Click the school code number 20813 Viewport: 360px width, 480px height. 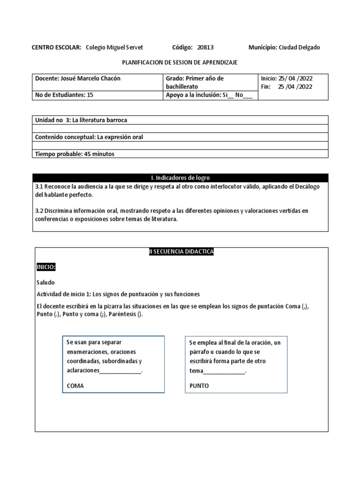(x=205, y=47)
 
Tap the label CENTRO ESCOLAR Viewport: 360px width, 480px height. (x=56, y=47)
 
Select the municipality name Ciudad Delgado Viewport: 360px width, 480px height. (x=300, y=47)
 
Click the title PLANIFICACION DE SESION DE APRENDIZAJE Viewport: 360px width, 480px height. (x=180, y=62)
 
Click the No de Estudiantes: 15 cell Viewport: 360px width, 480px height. (x=64, y=94)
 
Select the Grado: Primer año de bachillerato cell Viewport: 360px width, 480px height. (x=195, y=82)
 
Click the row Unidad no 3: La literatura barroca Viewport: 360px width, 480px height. (x=81, y=120)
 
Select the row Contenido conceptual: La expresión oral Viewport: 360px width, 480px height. (x=89, y=137)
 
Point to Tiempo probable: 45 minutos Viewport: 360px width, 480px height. (x=75, y=154)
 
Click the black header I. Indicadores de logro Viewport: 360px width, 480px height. (x=180, y=178)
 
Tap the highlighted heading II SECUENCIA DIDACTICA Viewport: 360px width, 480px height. (x=180, y=252)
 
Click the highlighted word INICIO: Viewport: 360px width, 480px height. (x=46, y=267)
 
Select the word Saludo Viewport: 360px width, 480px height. (x=45, y=283)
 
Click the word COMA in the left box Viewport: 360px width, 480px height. (x=76, y=386)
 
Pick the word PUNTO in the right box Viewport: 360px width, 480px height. (x=199, y=386)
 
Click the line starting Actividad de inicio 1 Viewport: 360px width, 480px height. (x=118, y=294)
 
